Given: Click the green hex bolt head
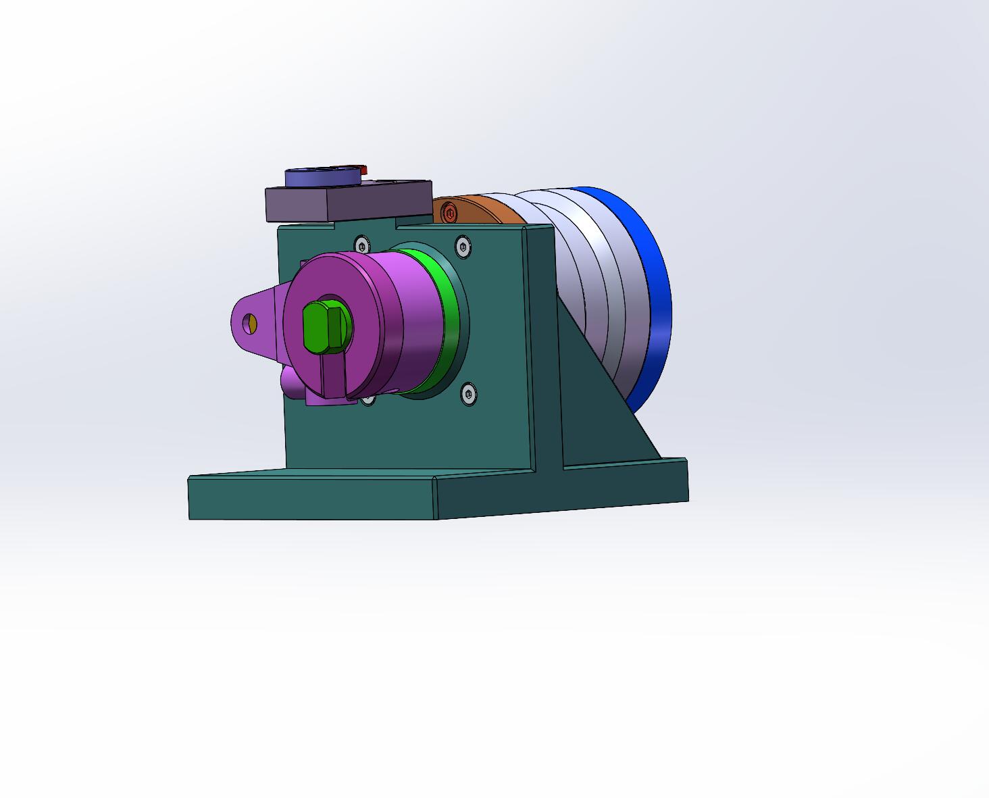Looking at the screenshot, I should click(323, 327).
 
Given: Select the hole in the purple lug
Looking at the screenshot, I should click(251, 323).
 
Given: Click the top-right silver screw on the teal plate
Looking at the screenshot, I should click(462, 247).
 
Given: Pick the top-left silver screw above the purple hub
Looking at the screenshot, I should click(362, 244).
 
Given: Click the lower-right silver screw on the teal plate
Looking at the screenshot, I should click(468, 393).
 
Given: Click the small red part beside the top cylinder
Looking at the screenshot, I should click(363, 169).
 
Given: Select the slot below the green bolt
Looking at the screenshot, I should click(332, 375).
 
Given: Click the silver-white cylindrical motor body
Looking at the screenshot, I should click(588, 284).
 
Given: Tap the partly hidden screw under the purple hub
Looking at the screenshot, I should click(368, 399).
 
